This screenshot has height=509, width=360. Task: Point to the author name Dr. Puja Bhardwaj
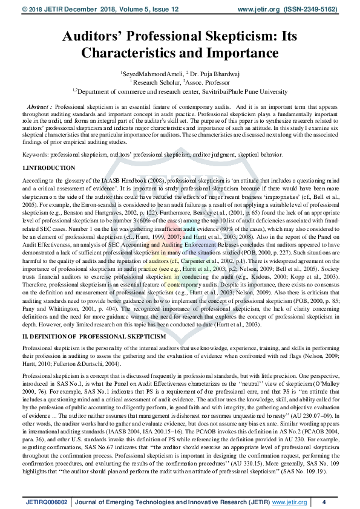pos(215,73)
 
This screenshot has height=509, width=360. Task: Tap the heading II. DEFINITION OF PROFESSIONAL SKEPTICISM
pos(94,336)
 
